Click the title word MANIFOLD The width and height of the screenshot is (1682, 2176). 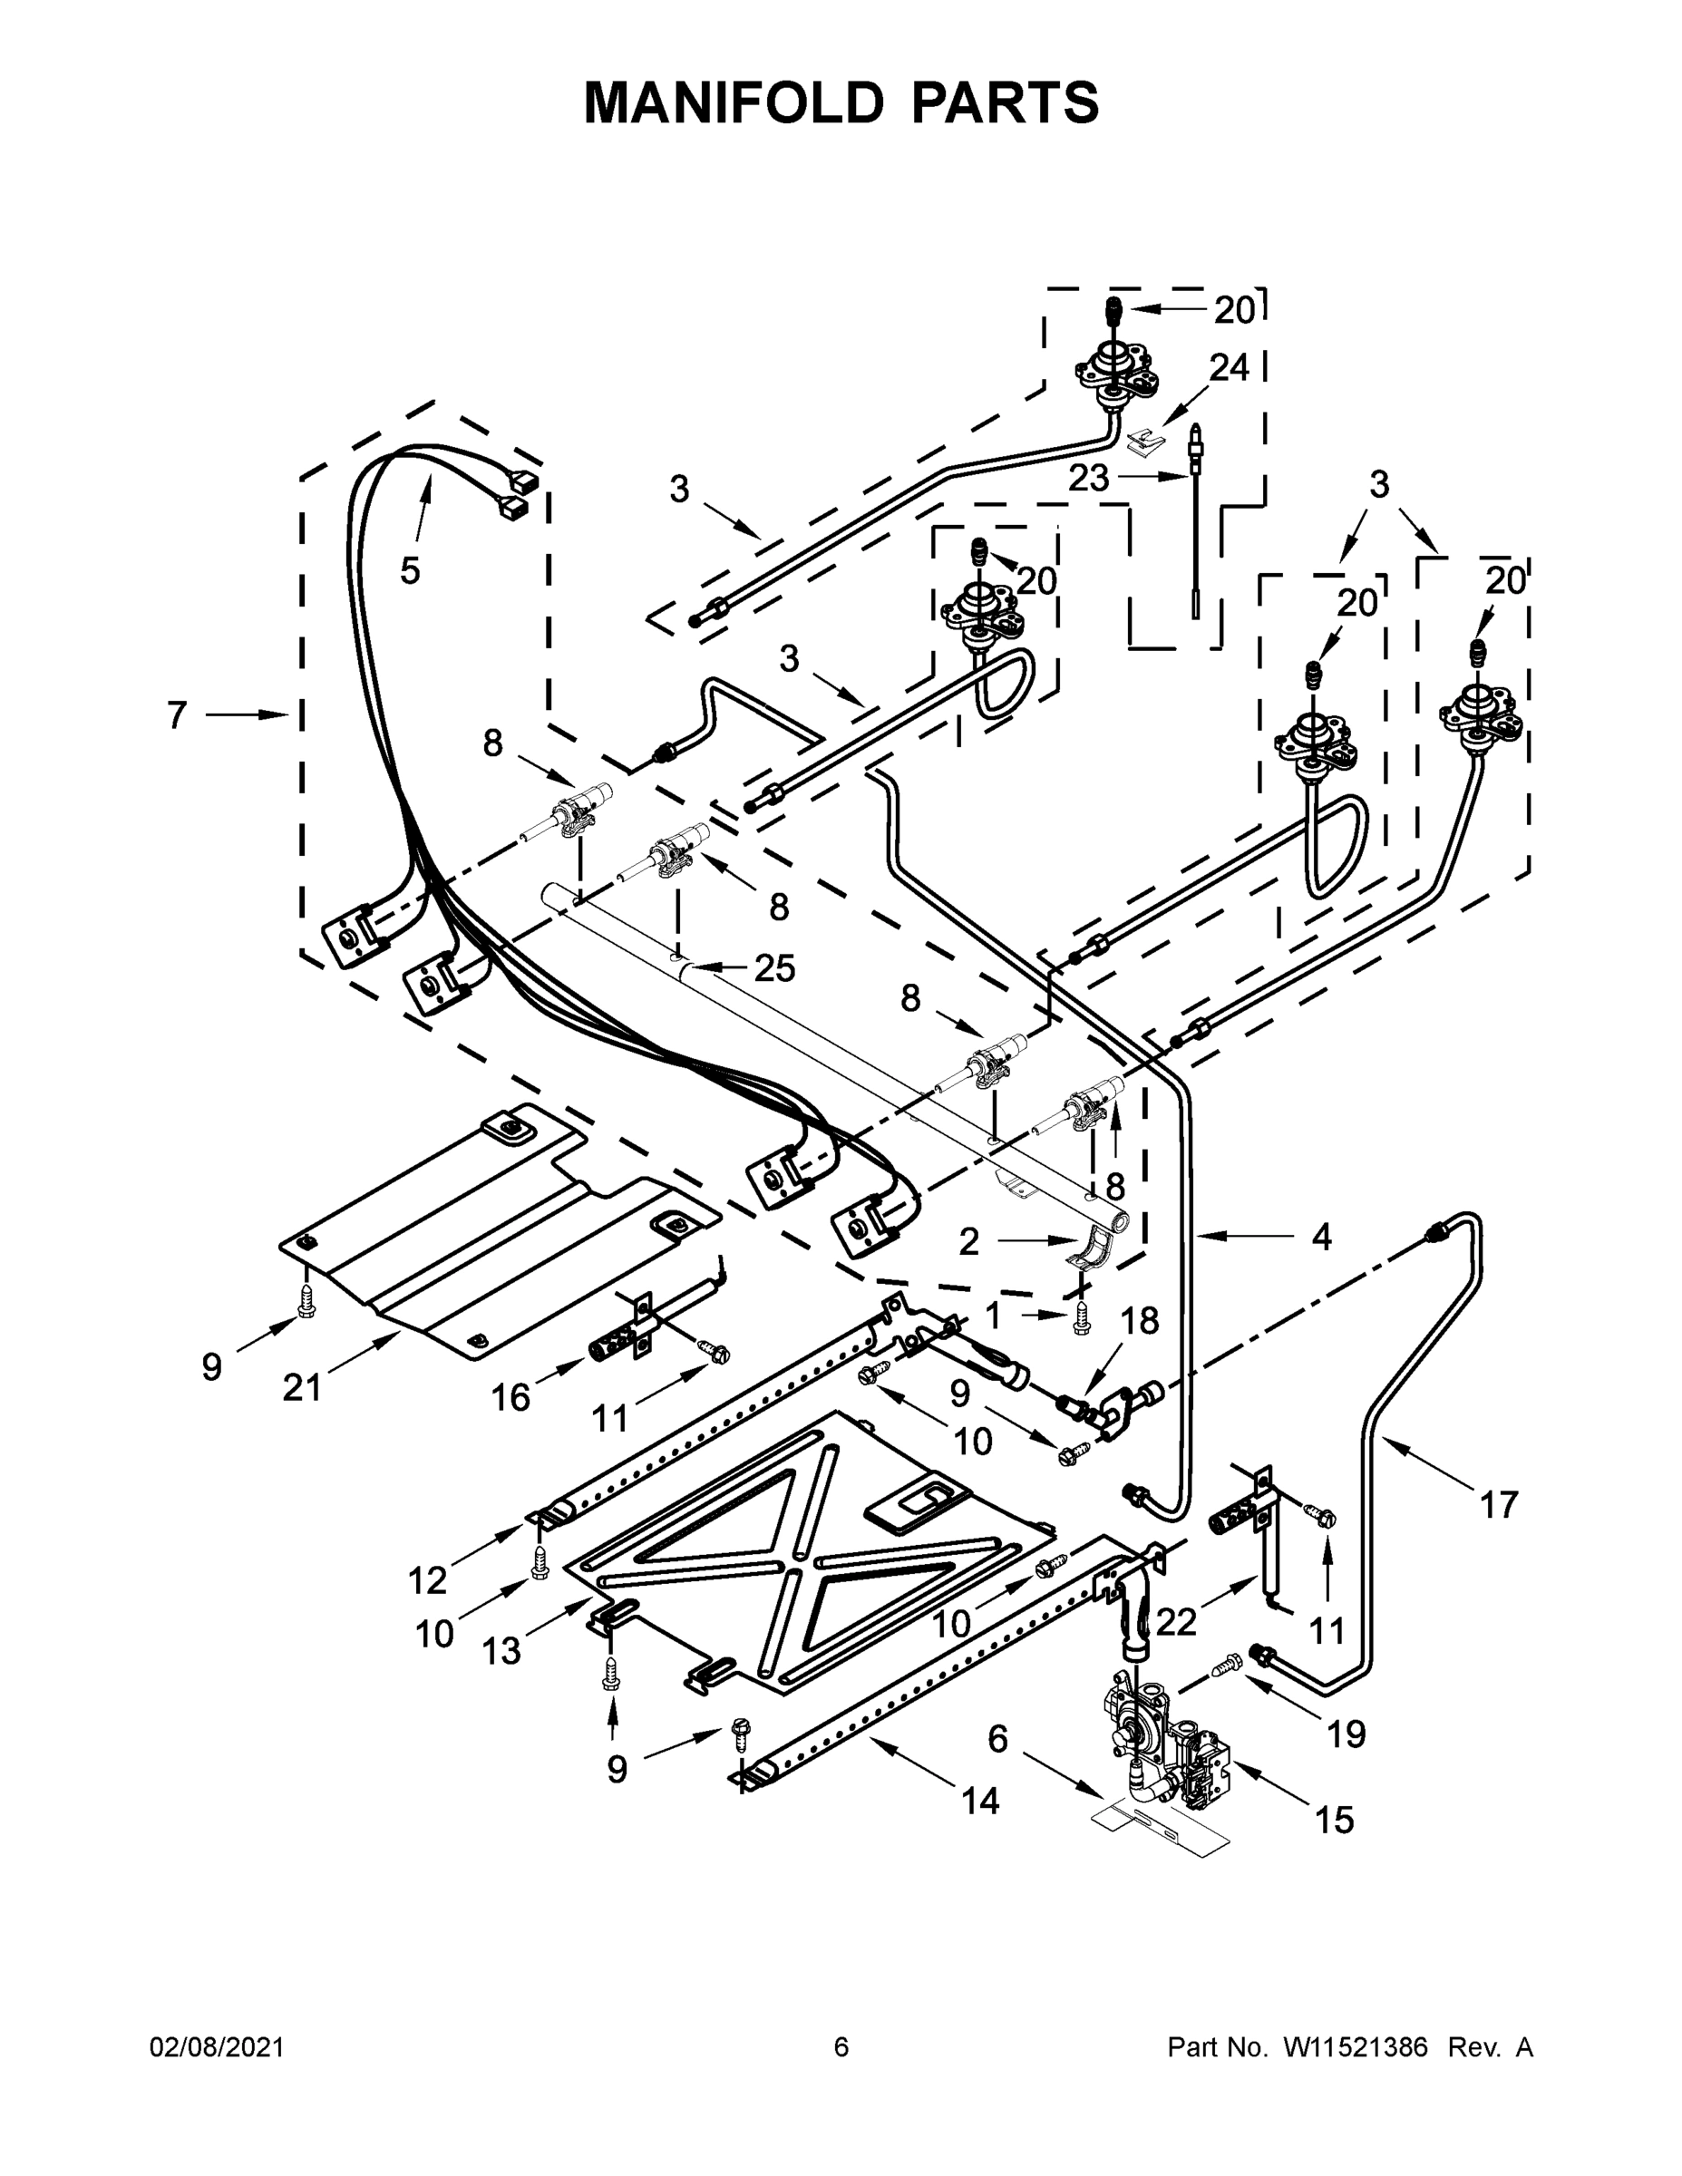[x=733, y=102]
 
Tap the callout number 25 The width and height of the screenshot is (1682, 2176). [x=774, y=967]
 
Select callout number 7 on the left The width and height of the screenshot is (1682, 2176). [x=177, y=714]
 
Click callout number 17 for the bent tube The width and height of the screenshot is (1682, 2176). [x=1498, y=1504]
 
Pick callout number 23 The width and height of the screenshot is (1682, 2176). [x=1088, y=478]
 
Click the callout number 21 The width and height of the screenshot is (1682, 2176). [x=302, y=1387]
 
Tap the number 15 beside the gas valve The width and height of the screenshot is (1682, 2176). [x=1334, y=1820]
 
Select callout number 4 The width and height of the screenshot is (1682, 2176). [x=1321, y=1238]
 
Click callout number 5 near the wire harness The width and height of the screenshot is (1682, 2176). [x=410, y=571]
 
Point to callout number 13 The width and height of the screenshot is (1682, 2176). [x=501, y=1651]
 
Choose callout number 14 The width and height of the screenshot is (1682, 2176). [x=980, y=1801]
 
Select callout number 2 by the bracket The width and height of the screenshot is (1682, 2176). [x=968, y=1241]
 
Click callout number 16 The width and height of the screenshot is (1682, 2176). [x=510, y=1398]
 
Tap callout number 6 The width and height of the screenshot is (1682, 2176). [x=997, y=1740]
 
